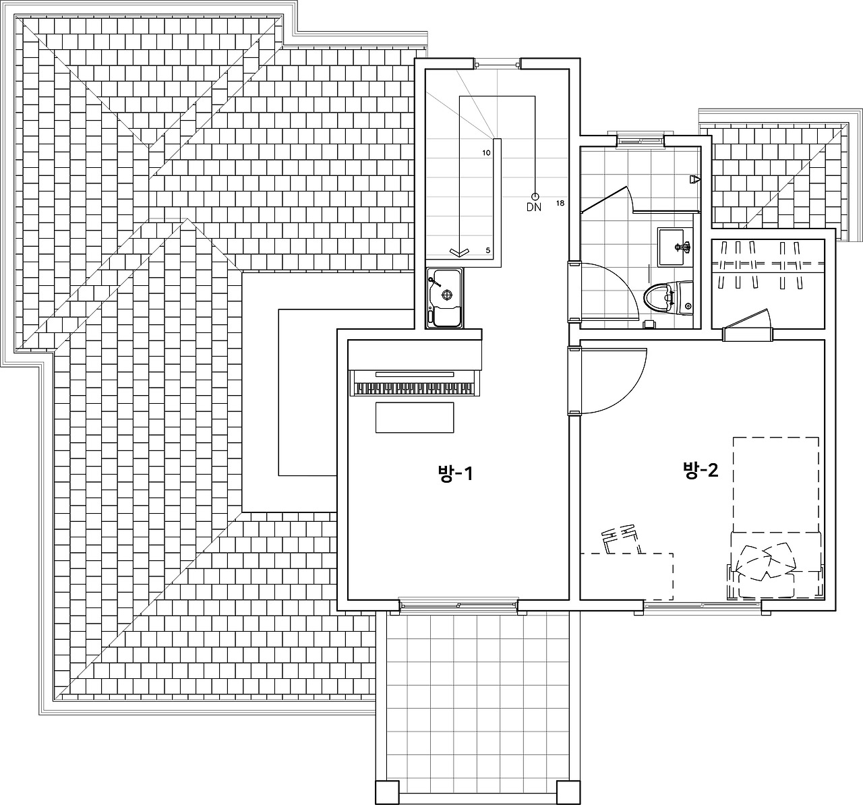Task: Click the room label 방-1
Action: point(455,474)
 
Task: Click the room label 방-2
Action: point(701,470)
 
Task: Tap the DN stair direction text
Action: point(534,208)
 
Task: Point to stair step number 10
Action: point(486,153)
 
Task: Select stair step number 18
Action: point(560,203)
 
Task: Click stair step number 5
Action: point(488,250)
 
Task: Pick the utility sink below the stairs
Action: point(445,297)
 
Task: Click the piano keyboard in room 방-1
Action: point(415,383)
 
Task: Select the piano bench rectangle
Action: point(415,417)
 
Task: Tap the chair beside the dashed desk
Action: point(620,539)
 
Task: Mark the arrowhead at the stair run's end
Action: point(459,253)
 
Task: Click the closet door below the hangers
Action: point(748,321)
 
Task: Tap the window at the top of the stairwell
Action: point(497,65)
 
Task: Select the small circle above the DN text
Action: point(535,196)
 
